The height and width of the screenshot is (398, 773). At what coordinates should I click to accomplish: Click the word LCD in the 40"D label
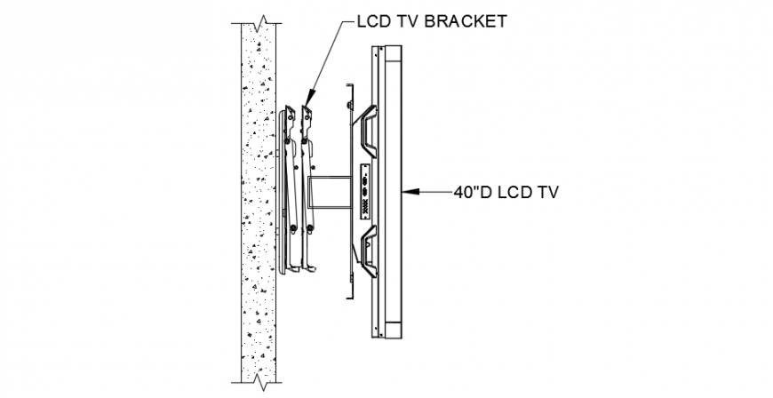pyautogui.click(x=515, y=191)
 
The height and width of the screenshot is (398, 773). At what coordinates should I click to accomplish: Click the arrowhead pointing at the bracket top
pyautogui.click(x=310, y=94)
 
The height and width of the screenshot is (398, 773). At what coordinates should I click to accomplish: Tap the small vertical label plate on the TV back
pyautogui.click(x=365, y=192)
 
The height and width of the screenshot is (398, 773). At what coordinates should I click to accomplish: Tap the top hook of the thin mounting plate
pyautogui.click(x=349, y=87)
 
